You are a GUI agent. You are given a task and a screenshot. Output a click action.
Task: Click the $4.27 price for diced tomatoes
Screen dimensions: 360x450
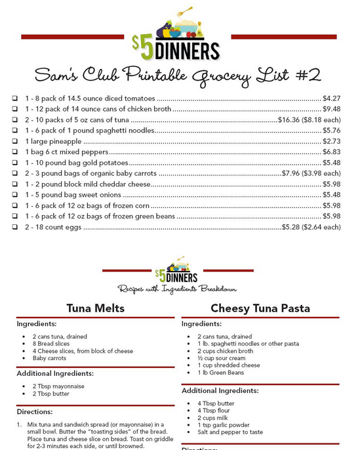(332, 98)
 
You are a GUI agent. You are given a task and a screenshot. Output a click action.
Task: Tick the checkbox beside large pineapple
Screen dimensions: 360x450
(14, 141)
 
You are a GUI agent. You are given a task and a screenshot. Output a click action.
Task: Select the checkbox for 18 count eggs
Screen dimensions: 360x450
(14, 227)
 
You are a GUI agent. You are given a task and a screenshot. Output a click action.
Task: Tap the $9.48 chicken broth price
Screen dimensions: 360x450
(332, 109)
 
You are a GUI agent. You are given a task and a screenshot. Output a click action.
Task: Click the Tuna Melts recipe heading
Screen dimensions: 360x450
(96, 308)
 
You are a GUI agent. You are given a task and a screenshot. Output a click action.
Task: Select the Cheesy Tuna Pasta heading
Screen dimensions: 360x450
(260, 308)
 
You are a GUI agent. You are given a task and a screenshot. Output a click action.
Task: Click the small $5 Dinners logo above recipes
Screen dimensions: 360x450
(177, 268)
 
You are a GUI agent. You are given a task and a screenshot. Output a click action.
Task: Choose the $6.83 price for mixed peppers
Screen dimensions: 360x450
(332, 152)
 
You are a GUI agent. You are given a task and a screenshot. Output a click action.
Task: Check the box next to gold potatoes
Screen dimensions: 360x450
(14, 163)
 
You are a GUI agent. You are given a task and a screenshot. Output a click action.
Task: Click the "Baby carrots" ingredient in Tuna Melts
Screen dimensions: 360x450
(49, 358)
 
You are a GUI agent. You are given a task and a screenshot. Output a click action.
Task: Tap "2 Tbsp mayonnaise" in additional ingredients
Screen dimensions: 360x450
(58, 386)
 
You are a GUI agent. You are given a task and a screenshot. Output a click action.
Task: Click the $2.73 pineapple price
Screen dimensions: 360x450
(332, 141)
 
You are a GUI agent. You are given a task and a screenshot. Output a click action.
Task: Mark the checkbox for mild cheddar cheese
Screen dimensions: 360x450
(14, 184)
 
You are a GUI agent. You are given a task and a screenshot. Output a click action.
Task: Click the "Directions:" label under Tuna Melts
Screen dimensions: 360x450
(34, 411)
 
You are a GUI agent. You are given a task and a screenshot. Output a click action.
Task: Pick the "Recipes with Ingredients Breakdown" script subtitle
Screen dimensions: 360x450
(177, 289)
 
